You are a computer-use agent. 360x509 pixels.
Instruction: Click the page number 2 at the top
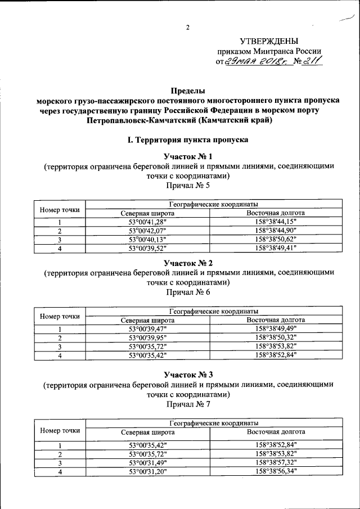point(188,28)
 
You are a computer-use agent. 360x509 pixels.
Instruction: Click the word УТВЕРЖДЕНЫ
point(269,41)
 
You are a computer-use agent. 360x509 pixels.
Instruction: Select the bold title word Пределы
point(188,90)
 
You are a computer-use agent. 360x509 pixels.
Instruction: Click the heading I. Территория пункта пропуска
point(188,138)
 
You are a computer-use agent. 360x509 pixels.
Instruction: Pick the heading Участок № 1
point(188,156)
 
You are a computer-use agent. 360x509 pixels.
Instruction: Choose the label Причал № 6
point(188,293)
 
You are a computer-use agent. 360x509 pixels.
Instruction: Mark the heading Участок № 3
point(188,373)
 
